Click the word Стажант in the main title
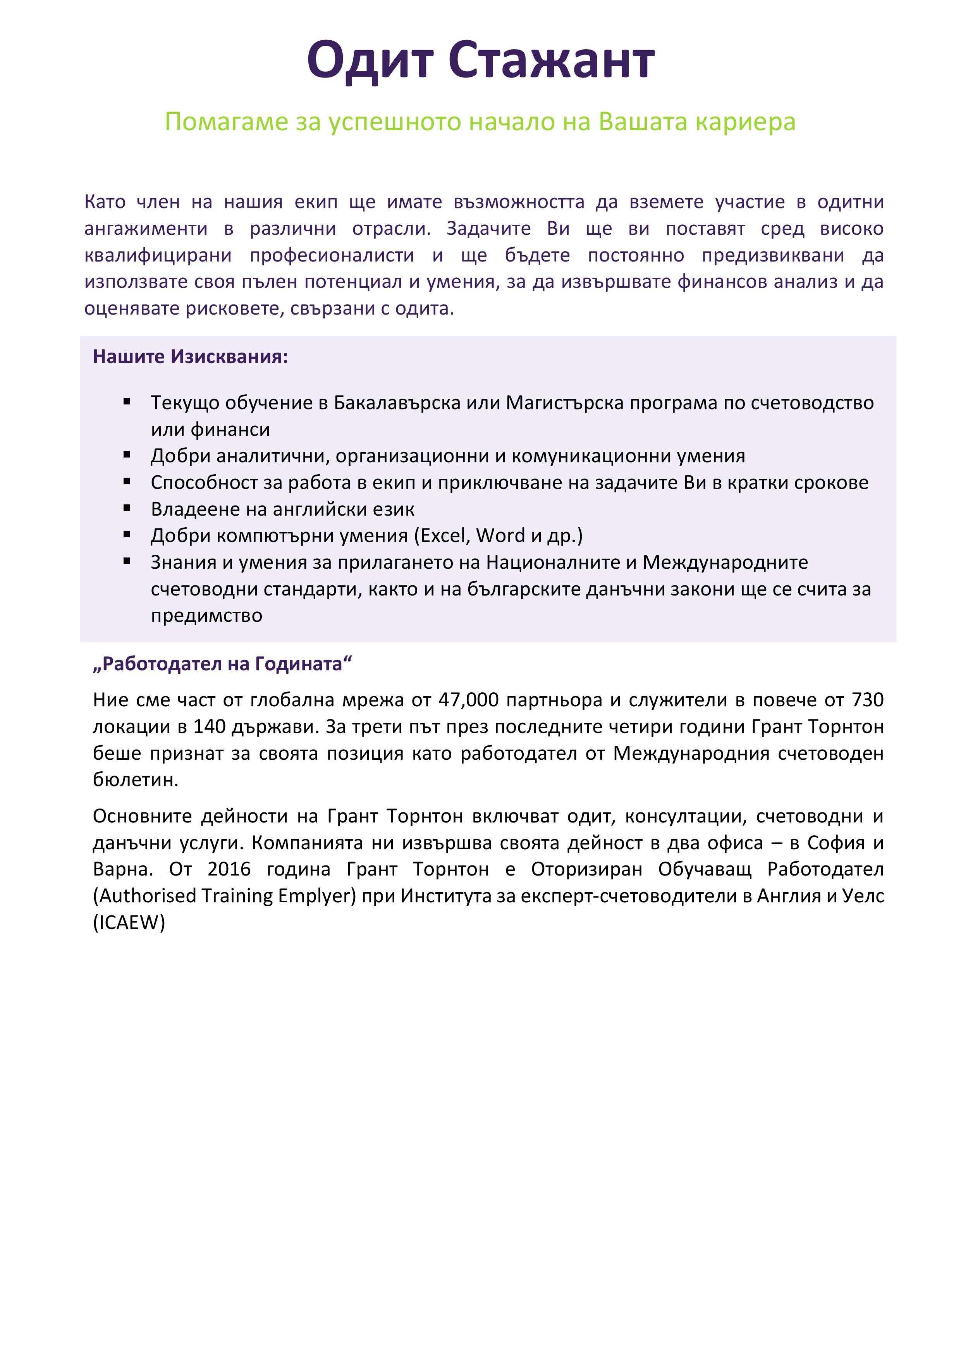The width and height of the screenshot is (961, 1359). (551, 60)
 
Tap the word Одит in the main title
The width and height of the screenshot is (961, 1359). (370, 60)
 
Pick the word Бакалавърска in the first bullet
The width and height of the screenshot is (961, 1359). (397, 403)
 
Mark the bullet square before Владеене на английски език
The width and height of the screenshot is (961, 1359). (127, 508)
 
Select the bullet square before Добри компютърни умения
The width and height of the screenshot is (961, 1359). (127, 535)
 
